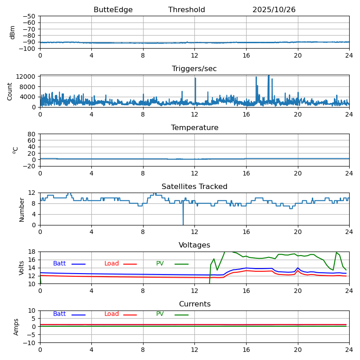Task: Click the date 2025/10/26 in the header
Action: pyautogui.click(x=274, y=10)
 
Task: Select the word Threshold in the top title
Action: pyautogui.click(x=186, y=10)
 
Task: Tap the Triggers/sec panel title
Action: pyautogui.click(x=194, y=69)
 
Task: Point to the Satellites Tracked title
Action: pyautogui.click(x=194, y=187)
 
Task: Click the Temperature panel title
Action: pyautogui.click(x=194, y=128)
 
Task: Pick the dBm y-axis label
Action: pyautogui.click(x=13, y=32)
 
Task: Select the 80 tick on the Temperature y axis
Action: pyautogui.click(x=32, y=134)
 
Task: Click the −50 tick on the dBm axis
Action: pyautogui.click(x=30, y=16)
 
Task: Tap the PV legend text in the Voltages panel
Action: pyautogui.click(x=160, y=264)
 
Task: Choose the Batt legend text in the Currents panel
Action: pyautogui.click(x=59, y=314)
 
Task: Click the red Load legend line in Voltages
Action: pyautogui.click(x=130, y=264)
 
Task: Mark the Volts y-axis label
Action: pyautogui.click(x=22, y=268)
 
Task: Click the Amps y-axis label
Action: pyautogui.click(x=16, y=327)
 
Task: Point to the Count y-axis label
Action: pyautogui.click(x=10, y=91)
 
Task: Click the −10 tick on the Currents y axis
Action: pyautogui.click(x=30, y=343)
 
